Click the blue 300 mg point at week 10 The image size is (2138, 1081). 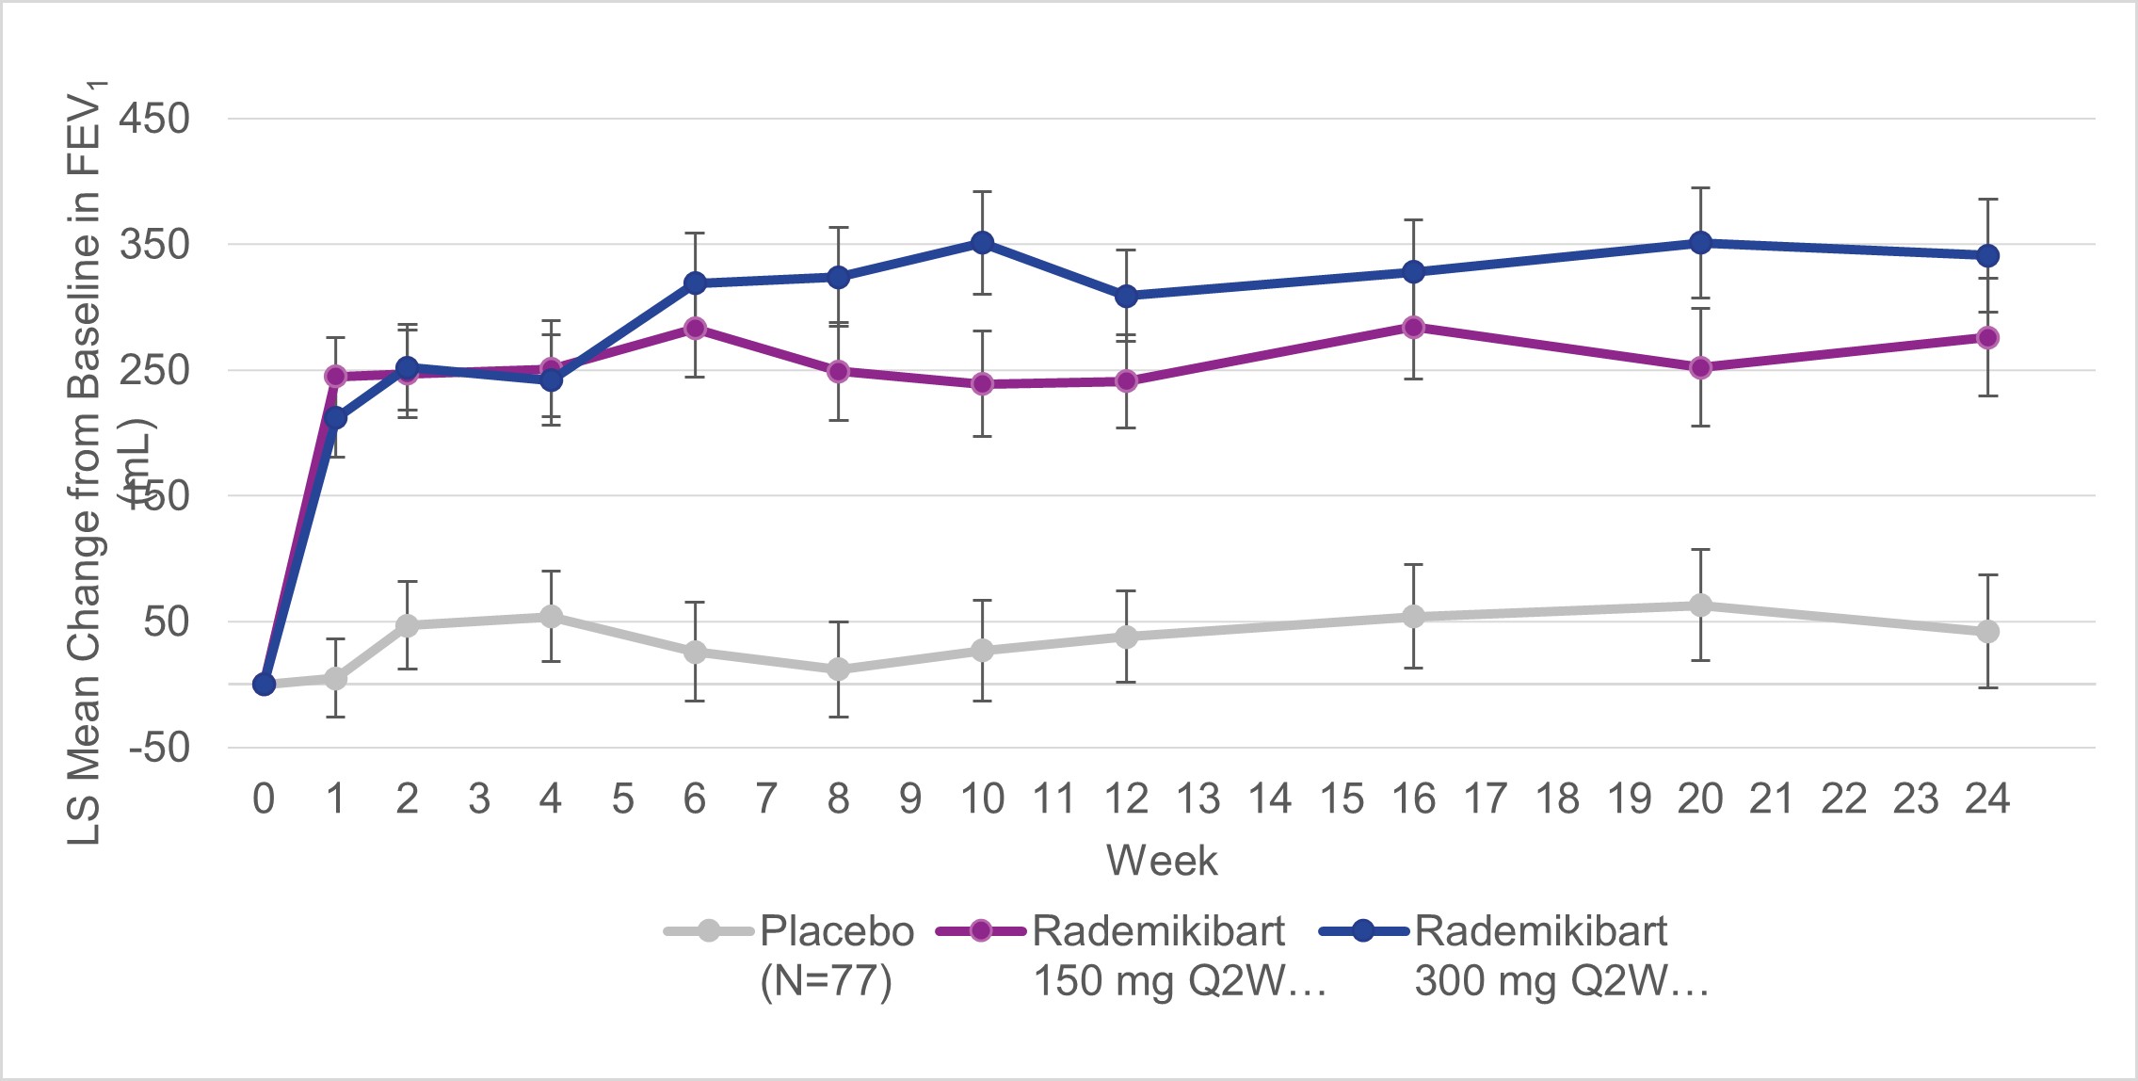point(982,243)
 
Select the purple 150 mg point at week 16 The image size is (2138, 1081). point(1413,327)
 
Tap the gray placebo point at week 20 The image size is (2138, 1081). point(1700,605)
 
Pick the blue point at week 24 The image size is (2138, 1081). point(1987,255)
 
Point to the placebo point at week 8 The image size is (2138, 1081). point(839,670)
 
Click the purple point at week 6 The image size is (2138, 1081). point(695,328)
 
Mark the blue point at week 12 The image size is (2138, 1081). point(1126,296)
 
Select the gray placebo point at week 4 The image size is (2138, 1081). point(551,617)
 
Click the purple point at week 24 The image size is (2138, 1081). point(1987,337)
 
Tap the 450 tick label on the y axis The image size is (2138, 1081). point(154,120)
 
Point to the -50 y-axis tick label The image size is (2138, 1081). point(159,748)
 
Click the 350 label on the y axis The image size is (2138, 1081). point(154,245)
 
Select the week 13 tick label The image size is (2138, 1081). point(1198,799)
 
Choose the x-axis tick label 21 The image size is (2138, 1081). point(1771,799)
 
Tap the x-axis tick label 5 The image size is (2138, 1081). point(622,799)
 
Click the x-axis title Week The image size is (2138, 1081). point(1162,861)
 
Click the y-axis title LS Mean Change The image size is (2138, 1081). point(85,461)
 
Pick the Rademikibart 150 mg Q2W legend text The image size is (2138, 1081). point(1177,955)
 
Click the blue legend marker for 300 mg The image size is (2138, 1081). point(1363,931)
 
